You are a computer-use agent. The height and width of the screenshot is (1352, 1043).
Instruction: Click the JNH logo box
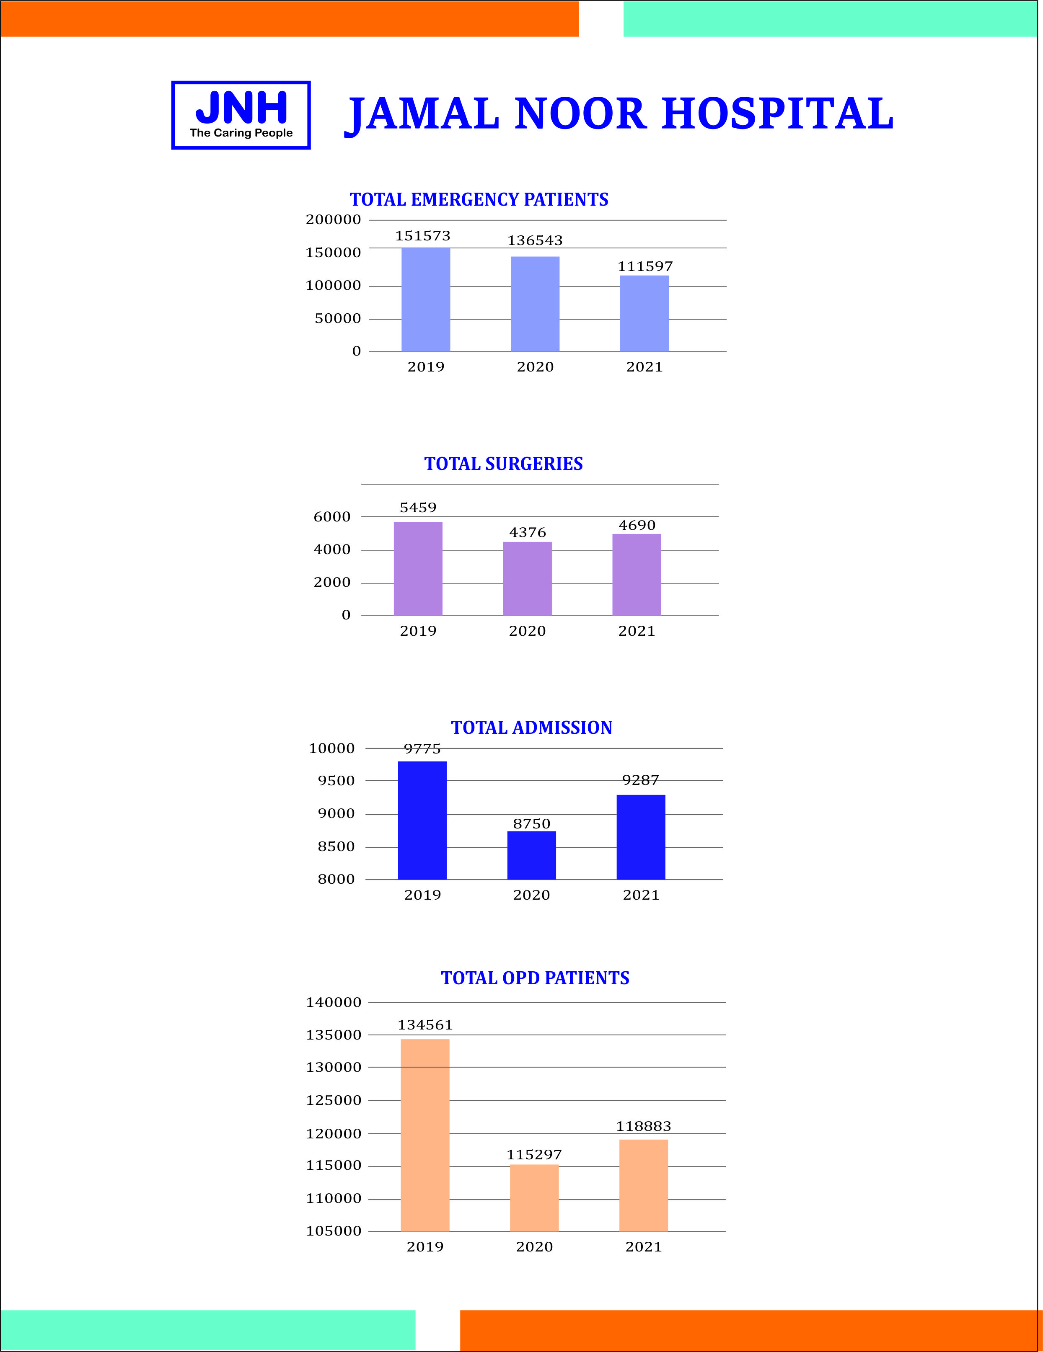tap(241, 115)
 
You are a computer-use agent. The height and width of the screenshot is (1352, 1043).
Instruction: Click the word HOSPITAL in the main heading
tap(777, 114)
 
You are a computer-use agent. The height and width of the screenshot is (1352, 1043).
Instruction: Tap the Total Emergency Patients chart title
tap(479, 199)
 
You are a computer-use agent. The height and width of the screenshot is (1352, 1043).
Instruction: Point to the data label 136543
tap(535, 240)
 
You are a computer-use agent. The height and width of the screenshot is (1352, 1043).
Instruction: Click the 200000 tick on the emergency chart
tap(333, 219)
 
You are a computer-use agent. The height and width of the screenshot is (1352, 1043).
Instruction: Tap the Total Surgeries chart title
tap(504, 464)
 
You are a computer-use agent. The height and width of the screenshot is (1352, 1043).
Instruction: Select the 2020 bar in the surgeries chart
tap(527, 579)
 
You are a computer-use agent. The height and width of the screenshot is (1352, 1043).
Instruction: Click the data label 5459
tap(418, 508)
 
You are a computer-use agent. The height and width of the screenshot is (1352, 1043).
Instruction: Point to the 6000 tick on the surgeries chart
tap(332, 516)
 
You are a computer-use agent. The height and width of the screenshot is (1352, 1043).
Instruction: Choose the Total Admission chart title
tap(531, 728)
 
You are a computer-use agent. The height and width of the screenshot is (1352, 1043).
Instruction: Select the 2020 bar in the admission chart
tap(531, 856)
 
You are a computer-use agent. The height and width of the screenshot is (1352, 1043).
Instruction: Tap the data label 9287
tap(640, 780)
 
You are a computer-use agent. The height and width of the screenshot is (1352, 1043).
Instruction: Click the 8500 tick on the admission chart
tap(336, 846)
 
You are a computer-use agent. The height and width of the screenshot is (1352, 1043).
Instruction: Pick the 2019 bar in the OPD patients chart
tap(425, 1135)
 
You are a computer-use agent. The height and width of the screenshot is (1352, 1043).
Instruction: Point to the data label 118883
tap(644, 1126)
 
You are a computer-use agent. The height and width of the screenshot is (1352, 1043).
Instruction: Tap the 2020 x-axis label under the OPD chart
tap(535, 1247)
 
